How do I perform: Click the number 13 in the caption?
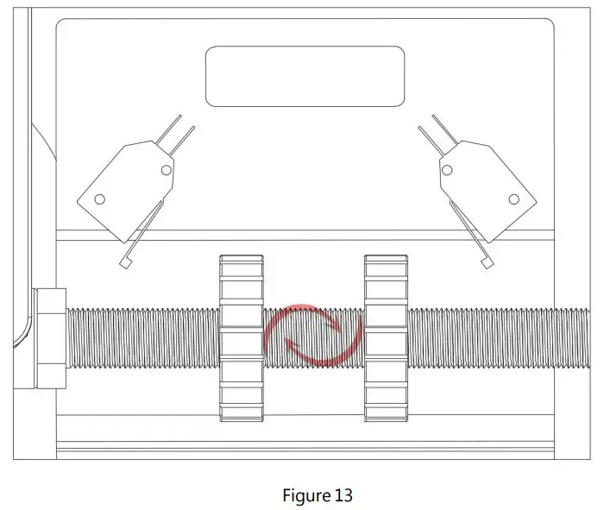[343, 495]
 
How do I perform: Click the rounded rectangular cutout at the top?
[305, 76]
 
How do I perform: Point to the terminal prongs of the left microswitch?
[180, 131]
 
